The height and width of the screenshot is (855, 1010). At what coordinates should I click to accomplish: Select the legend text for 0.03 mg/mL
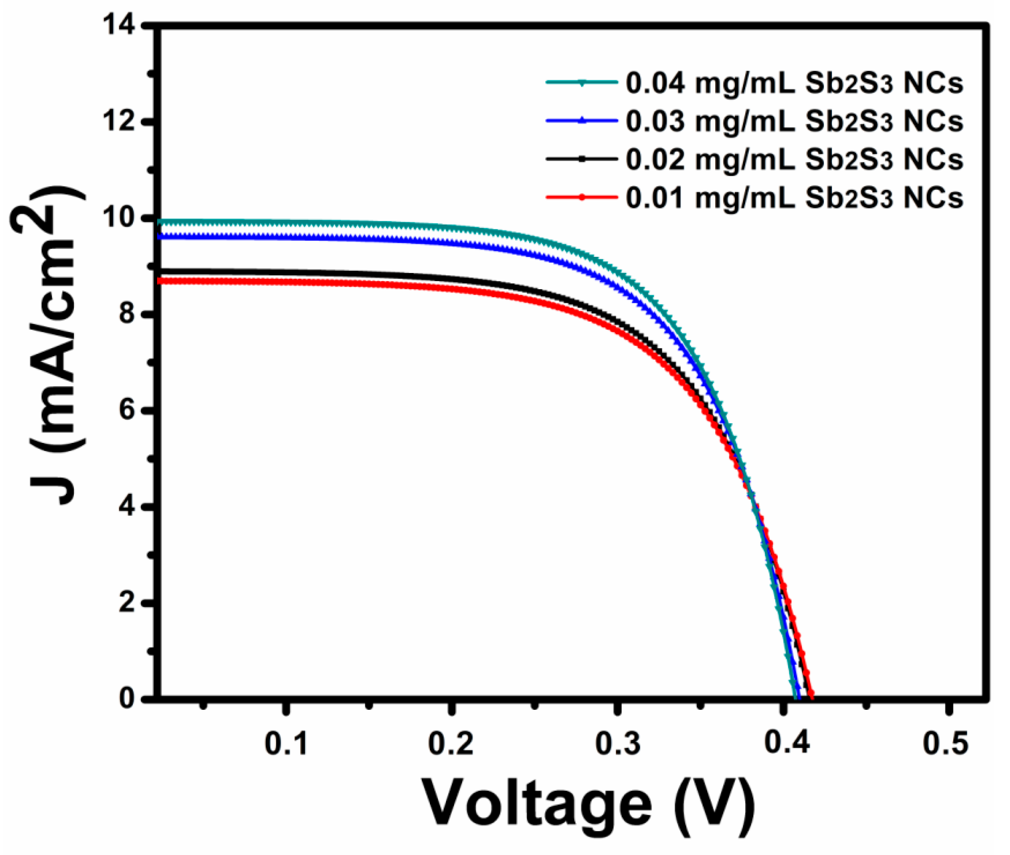(794, 122)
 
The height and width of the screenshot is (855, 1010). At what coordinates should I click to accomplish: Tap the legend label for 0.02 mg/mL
(794, 160)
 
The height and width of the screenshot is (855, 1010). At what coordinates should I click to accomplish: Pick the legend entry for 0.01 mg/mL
(794, 198)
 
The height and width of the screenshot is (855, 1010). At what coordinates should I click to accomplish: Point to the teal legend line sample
(582, 82)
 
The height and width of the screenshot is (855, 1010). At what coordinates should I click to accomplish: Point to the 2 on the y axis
(127, 603)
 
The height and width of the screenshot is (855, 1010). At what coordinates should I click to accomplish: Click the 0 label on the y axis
(127, 698)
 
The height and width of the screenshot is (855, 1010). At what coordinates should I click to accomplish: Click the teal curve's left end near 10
(161, 222)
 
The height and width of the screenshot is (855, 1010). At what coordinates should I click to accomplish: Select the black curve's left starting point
(161, 271)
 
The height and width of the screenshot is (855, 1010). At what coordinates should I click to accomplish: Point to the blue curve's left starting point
(161, 236)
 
